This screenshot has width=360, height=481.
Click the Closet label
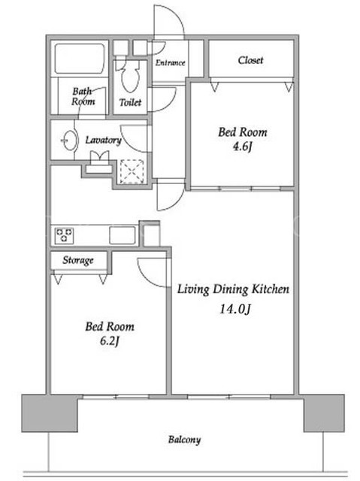tap(250, 60)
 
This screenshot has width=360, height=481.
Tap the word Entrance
tap(170, 62)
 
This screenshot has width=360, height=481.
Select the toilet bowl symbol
tap(130, 77)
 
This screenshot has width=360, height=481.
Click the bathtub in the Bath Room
tap(80, 59)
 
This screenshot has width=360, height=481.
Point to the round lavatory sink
tap(70, 141)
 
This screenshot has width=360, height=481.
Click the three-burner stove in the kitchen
tap(64, 235)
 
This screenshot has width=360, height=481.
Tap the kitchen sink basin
tap(123, 235)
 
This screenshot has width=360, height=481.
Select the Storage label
tap(78, 260)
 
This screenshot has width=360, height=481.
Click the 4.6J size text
tap(242, 147)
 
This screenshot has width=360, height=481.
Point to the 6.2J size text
tap(110, 340)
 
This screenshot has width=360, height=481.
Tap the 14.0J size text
tap(235, 309)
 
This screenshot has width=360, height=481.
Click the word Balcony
tap(184, 440)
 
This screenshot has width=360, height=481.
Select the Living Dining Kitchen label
tap(233, 289)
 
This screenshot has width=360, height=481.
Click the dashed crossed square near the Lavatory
tap(132, 171)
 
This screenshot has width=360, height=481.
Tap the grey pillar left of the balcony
tap(50, 413)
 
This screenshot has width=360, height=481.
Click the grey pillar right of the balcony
tap(324, 413)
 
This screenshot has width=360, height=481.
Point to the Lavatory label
tap(103, 140)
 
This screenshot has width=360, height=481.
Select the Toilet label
tap(130, 102)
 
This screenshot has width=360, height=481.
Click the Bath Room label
tap(83, 96)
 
